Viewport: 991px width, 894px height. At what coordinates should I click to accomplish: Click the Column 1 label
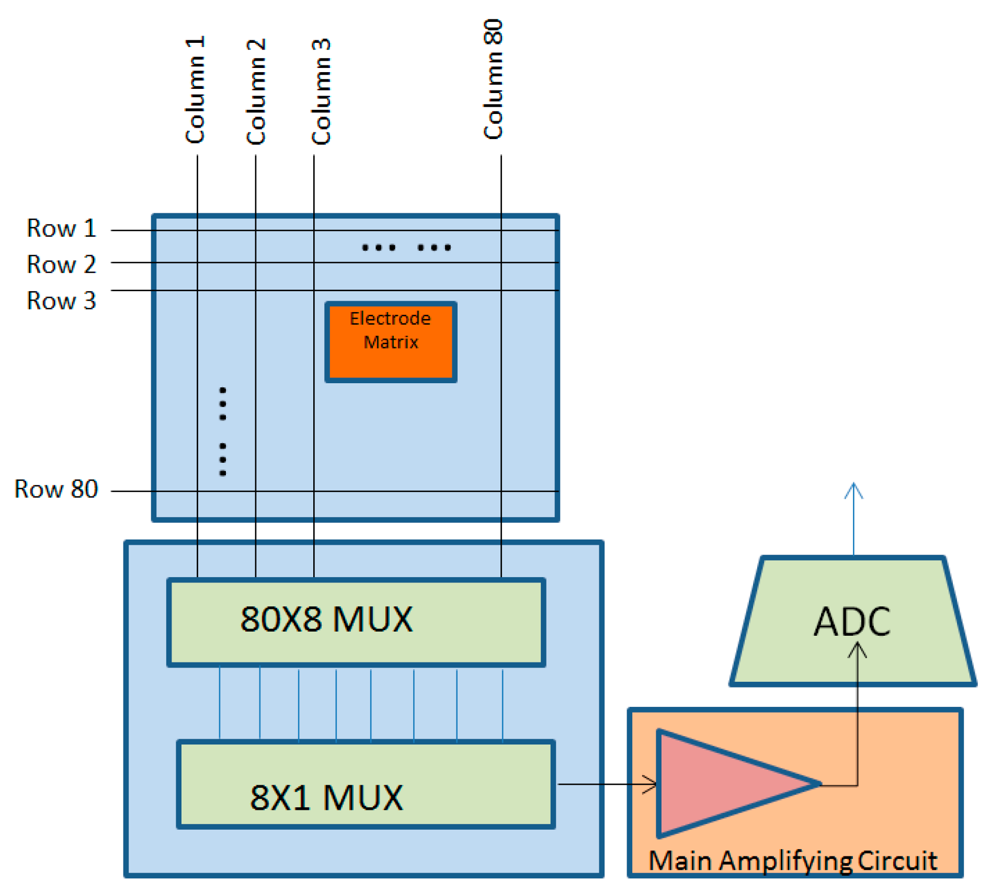[x=195, y=90]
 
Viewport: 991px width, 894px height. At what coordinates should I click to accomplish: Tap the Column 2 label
[x=256, y=91]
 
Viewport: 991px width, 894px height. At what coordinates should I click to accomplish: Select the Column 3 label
[x=321, y=91]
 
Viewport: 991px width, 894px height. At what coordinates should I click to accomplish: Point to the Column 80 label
[x=493, y=79]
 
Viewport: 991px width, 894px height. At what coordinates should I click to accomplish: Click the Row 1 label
[x=61, y=228]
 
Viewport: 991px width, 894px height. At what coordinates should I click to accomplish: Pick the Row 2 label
[x=61, y=265]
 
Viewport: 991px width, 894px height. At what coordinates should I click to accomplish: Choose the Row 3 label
[x=61, y=301]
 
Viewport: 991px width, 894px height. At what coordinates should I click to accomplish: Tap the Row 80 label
[x=56, y=489]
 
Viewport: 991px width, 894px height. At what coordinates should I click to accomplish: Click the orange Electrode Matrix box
[x=391, y=342]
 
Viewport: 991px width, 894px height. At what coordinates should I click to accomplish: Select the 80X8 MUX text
[x=326, y=620]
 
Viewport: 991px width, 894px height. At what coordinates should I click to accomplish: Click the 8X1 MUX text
[x=326, y=798]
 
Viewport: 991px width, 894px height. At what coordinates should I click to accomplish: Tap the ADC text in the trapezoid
[x=852, y=622]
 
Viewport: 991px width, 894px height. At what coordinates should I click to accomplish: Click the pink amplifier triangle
[x=722, y=783]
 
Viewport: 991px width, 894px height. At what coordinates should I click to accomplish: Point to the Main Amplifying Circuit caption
[x=792, y=861]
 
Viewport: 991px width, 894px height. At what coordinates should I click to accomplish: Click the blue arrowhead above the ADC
[x=853, y=489]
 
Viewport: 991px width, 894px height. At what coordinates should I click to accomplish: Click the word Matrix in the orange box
[x=391, y=342]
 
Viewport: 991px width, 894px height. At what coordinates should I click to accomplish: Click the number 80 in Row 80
[x=84, y=489]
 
